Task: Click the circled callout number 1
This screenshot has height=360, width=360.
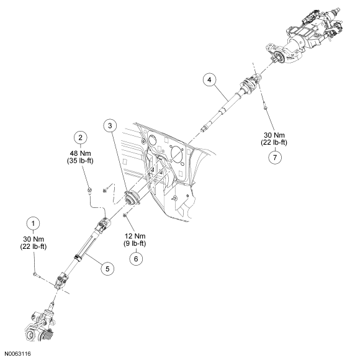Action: pyautogui.click(x=34, y=223)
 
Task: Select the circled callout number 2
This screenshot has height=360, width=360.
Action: pyautogui.click(x=80, y=138)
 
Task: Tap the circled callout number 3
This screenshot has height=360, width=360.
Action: pyautogui.click(x=110, y=125)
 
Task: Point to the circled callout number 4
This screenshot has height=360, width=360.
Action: pyautogui.click(x=209, y=79)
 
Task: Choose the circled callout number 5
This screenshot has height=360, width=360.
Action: pyautogui.click(x=107, y=269)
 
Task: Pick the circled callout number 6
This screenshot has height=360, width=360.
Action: pyautogui.click(x=136, y=259)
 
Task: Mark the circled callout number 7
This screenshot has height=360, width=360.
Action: pyautogui.click(x=275, y=158)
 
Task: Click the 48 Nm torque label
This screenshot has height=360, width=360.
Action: pyautogui.click(x=80, y=153)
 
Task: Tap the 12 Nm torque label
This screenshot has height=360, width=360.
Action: pyautogui.click(x=135, y=236)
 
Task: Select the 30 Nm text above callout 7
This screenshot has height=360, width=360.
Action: pyautogui.click(x=274, y=135)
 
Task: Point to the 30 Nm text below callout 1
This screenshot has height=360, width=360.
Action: pyautogui.click(x=34, y=239)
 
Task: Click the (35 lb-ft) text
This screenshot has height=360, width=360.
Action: pyautogui.click(x=80, y=161)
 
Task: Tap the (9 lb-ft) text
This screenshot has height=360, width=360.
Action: pyautogui.click(x=135, y=243)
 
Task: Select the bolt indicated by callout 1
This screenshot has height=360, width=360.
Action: pyautogui.click(x=36, y=275)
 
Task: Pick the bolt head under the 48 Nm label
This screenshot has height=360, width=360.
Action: pyautogui.click(x=89, y=191)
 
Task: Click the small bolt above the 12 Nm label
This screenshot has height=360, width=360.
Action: pyautogui.click(x=125, y=215)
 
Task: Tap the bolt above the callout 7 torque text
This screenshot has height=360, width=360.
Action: pyautogui.click(x=264, y=106)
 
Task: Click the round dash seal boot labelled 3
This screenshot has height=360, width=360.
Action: pyautogui.click(x=132, y=197)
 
